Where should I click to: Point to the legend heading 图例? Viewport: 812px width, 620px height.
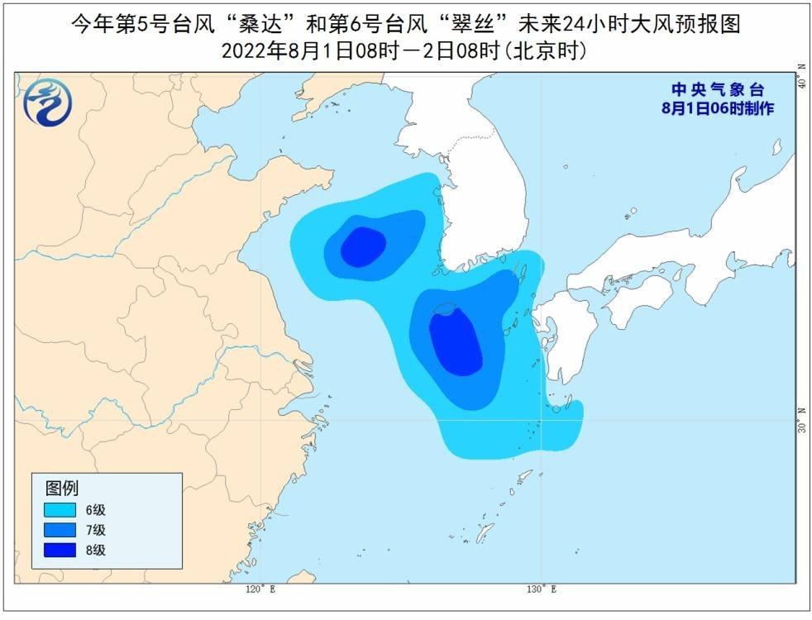[x=61, y=487]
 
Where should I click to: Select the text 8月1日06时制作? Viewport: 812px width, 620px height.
[x=718, y=108]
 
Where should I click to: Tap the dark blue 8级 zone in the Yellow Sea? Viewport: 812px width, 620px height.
[x=362, y=246]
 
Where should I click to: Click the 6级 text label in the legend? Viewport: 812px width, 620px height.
[x=96, y=508]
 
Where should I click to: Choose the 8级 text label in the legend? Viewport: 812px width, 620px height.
[x=96, y=550]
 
